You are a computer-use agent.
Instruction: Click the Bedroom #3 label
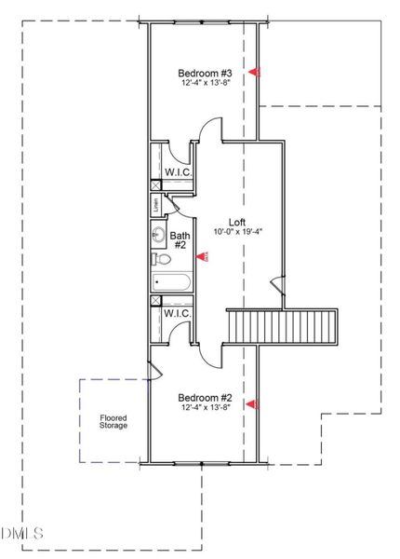[x=204, y=72]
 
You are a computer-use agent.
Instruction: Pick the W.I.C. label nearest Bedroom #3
[x=178, y=172]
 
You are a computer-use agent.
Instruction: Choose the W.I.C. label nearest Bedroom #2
[x=178, y=313]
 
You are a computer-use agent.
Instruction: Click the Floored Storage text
[x=113, y=422]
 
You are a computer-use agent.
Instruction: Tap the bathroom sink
[x=158, y=235]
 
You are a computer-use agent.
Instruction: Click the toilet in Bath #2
[x=160, y=259]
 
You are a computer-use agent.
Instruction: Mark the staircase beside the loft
[x=284, y=327]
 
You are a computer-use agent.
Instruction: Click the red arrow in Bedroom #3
[x=252, y=72]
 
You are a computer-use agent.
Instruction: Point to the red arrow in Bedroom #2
[x=252, y=403]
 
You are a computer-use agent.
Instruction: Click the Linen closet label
[x=154, y=205]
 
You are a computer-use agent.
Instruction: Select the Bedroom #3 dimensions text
[x=204, y=83]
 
